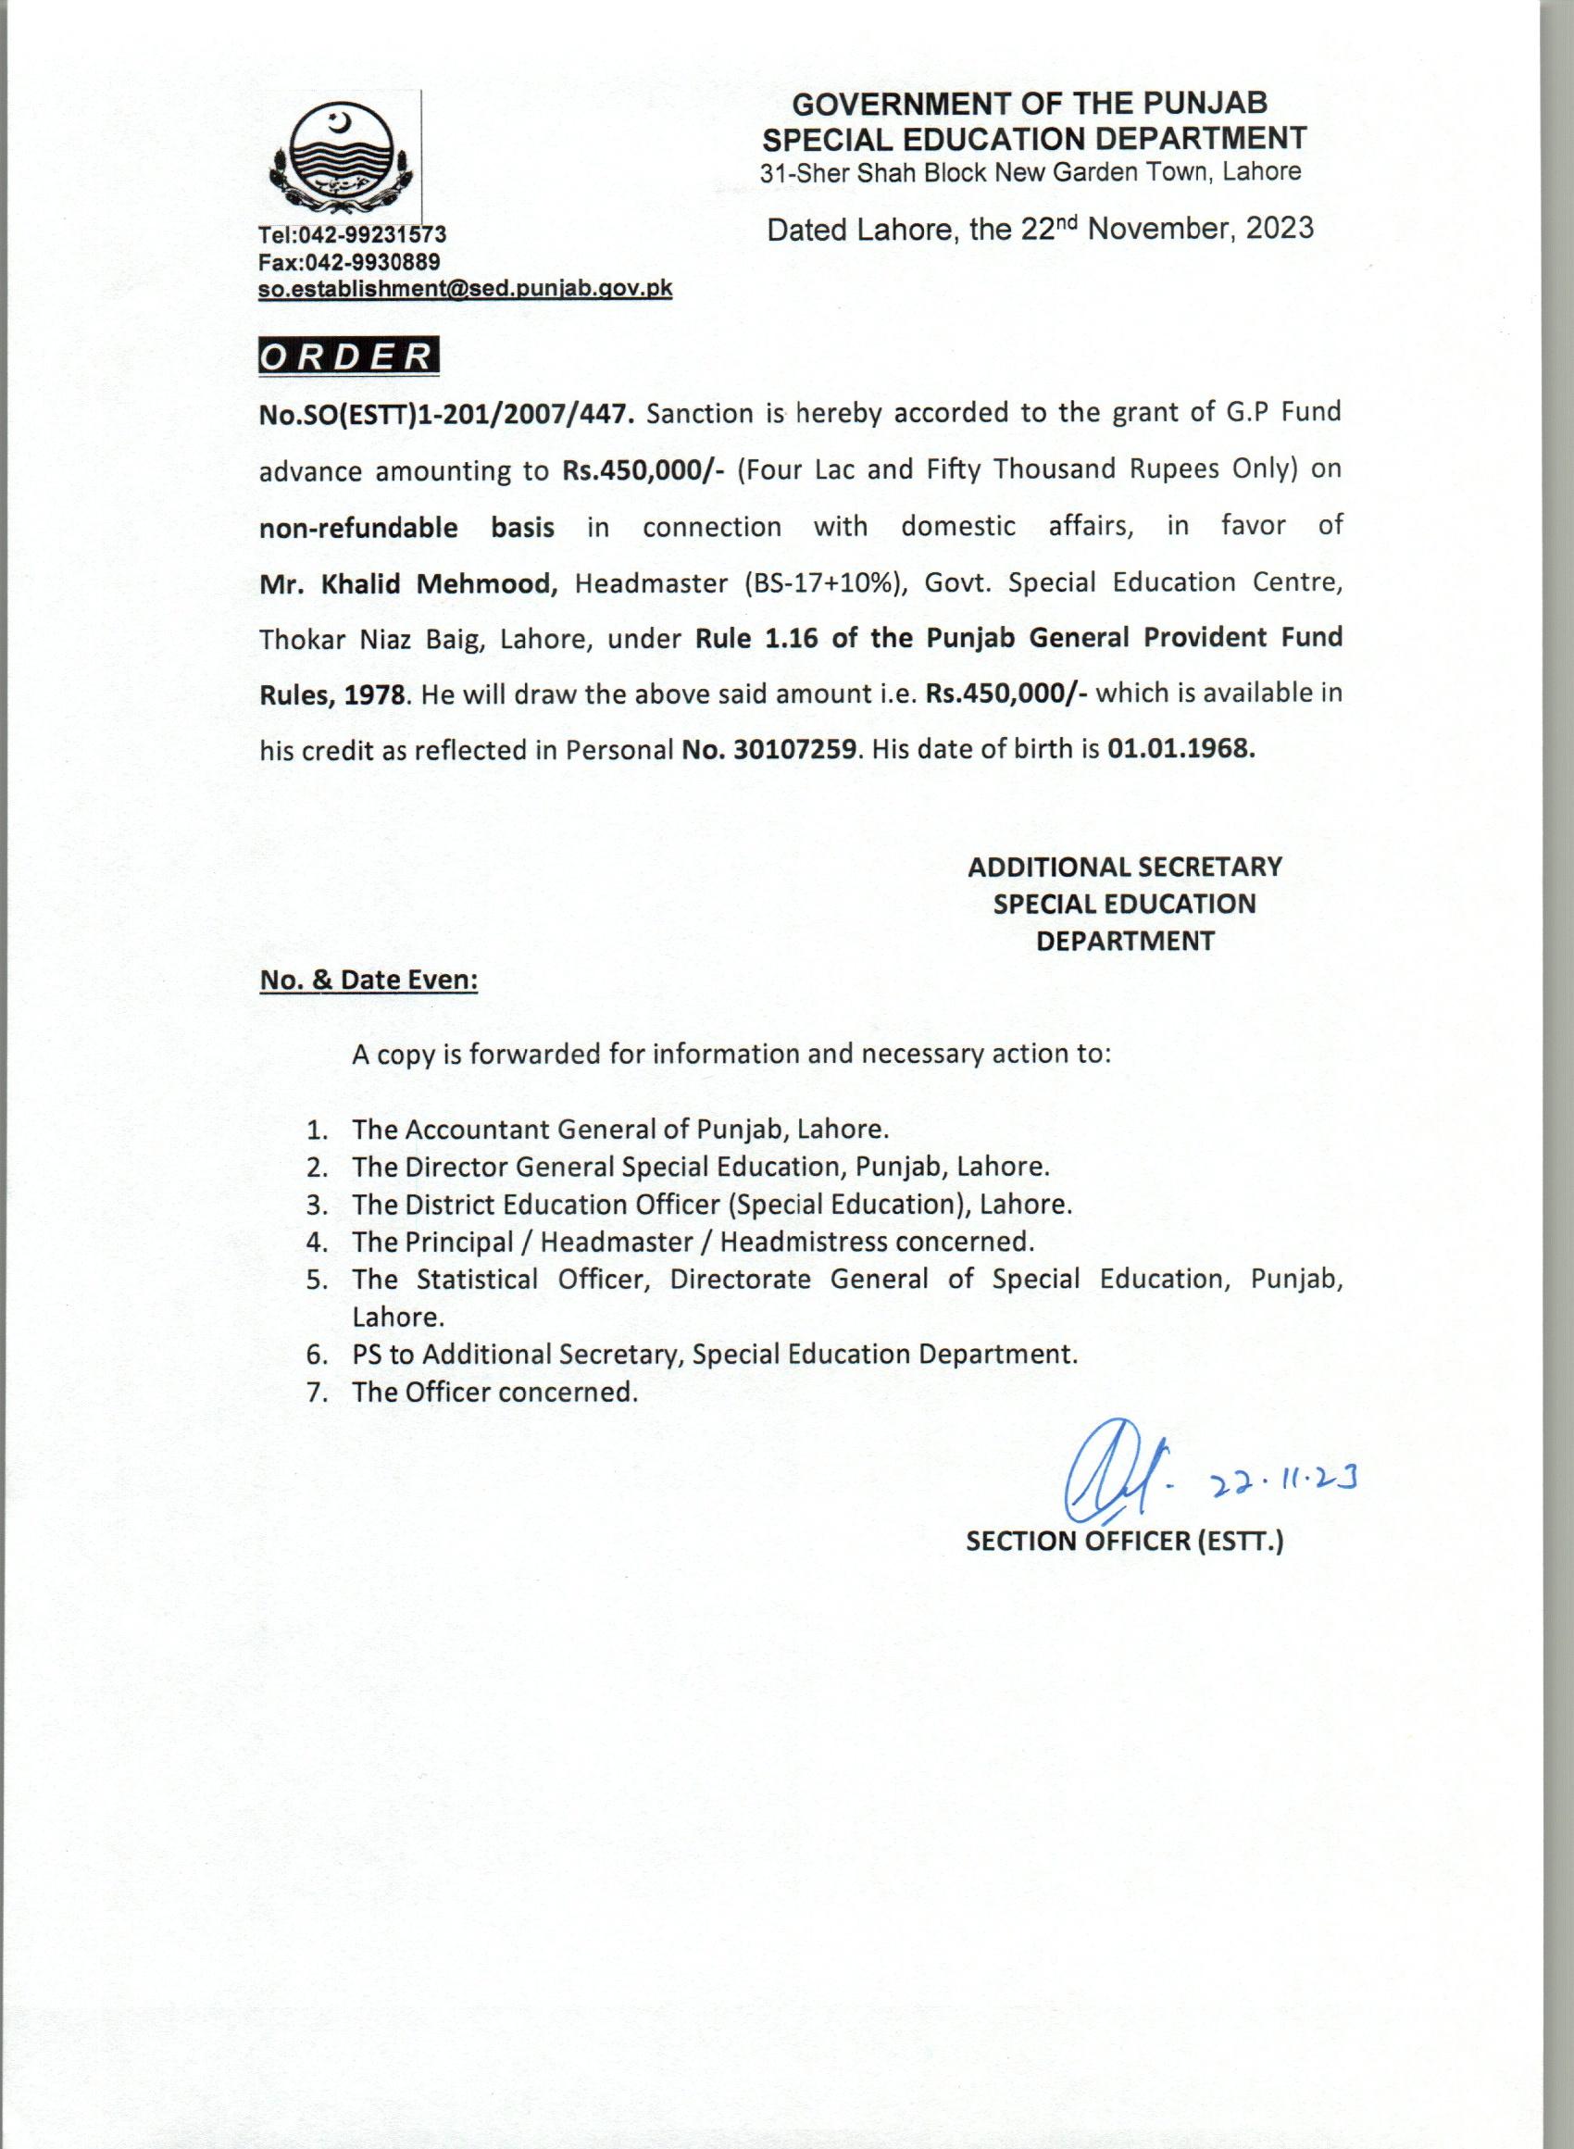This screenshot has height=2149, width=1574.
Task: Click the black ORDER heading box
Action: pyautogui.click(x=349, y=356)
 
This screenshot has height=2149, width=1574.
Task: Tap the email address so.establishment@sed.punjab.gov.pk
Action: pyautogui.click(x=465, y=289)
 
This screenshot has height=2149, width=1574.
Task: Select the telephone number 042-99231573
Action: pyautogui.click(x=373, y=234)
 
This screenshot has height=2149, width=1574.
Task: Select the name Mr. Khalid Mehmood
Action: pyautogui.click(x=407, y=583)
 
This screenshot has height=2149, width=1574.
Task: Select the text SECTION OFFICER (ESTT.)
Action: pyautogui.click(x=1124, y=1543)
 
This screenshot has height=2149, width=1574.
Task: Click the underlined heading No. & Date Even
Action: pyautogui.click(x=369, y=981)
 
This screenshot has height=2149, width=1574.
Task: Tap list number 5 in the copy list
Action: pyautogui.click(x=317, y=1280)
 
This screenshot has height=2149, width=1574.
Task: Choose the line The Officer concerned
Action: pyautogui.click(x=494, y=1392)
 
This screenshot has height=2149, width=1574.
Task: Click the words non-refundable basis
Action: pyautogui.click(x=406, y=527)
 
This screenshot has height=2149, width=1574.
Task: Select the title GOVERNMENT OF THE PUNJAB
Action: pyautogui.click(x=1030, y=103)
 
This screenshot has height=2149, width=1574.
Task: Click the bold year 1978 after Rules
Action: pyautogui.click(x=375, y=693)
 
